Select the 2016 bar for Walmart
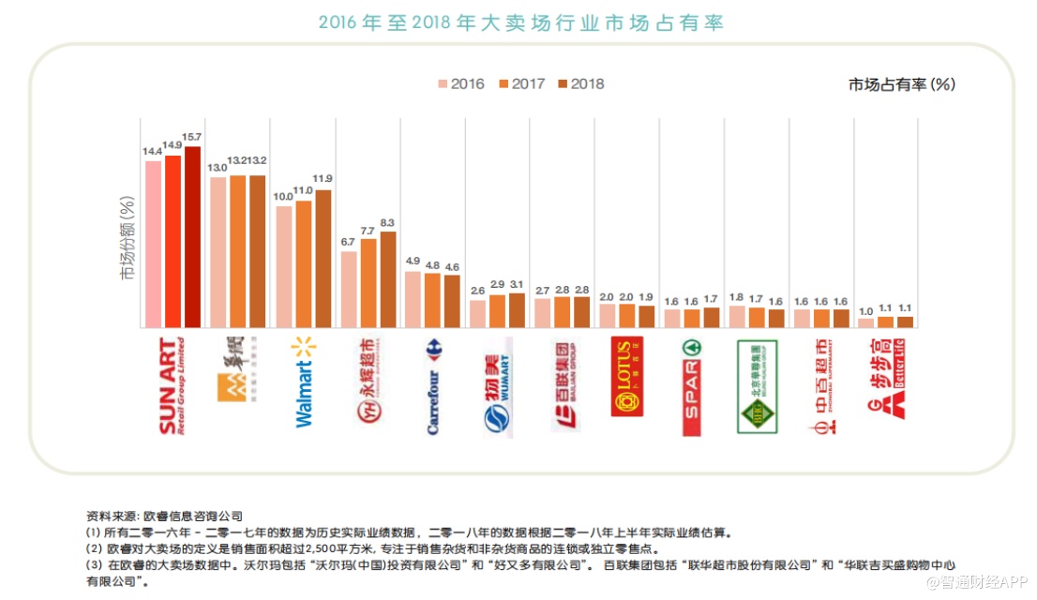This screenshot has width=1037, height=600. pos(284,266)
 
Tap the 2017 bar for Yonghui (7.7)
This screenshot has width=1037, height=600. pos(368,282)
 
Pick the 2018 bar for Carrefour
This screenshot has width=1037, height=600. pos(453,301)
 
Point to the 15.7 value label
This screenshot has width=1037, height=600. pos(193,137)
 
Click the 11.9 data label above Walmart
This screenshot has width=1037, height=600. pos(323,179)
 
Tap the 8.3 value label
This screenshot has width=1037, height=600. pos(388,221)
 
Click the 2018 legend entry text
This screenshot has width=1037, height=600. pos(587,84)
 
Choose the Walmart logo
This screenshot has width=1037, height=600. pos(305,382)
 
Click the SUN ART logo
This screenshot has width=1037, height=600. pos(173,385)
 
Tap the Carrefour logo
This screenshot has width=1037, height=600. pos(436,385)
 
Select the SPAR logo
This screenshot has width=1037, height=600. pos(691,385)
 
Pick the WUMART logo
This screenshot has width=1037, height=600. pos(499,385)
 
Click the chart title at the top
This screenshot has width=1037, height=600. pos(520,22)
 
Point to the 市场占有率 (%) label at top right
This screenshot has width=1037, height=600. pos(901,84)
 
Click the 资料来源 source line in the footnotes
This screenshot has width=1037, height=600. pos(164,516)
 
